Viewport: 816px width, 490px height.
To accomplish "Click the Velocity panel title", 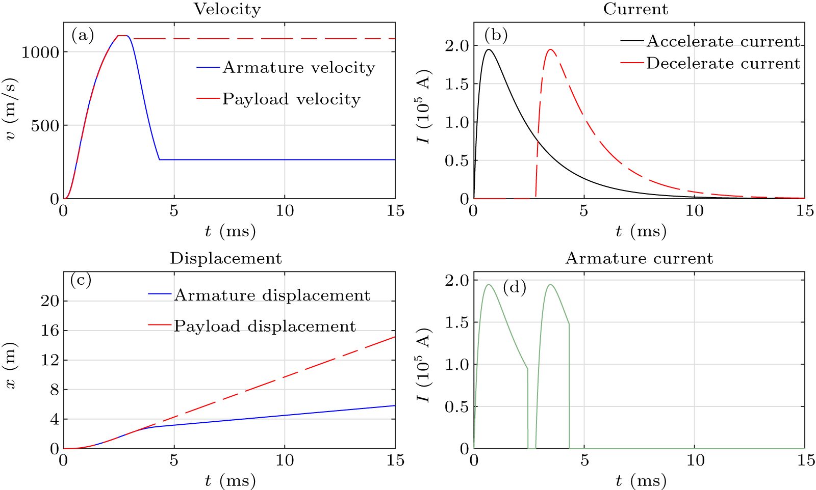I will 227,9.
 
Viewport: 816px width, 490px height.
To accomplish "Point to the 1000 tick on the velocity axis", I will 40,52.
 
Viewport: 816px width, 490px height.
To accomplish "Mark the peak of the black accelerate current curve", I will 489,49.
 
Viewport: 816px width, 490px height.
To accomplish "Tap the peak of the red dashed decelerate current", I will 550,49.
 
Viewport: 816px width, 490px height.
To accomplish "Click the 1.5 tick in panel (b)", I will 456,84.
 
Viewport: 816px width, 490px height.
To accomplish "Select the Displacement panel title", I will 225,258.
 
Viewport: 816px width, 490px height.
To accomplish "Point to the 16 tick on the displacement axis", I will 50,331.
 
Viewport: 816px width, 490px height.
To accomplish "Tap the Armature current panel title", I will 639,258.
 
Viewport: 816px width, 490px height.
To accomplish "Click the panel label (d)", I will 514,288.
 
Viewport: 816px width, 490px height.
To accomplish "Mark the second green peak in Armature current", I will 550,285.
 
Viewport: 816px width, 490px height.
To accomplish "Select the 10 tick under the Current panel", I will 695,211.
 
